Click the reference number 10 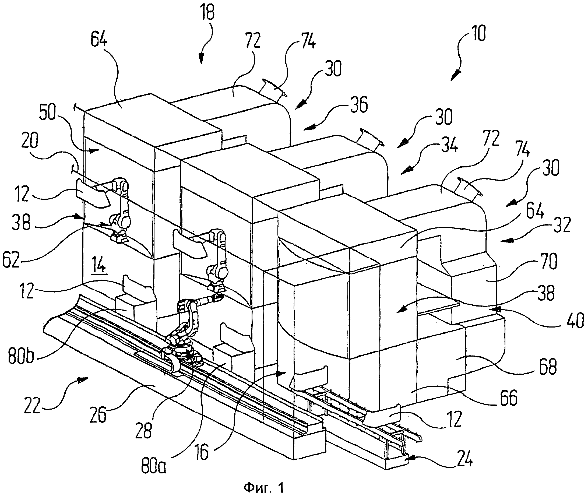[x=477, y=33]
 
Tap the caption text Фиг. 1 [x=264, y=488]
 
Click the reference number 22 [x=32, y=405]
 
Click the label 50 [x=48, y=112]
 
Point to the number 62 [x=11, y=260]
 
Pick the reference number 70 [x=548, y=261]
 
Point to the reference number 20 [x=30, y=140]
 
